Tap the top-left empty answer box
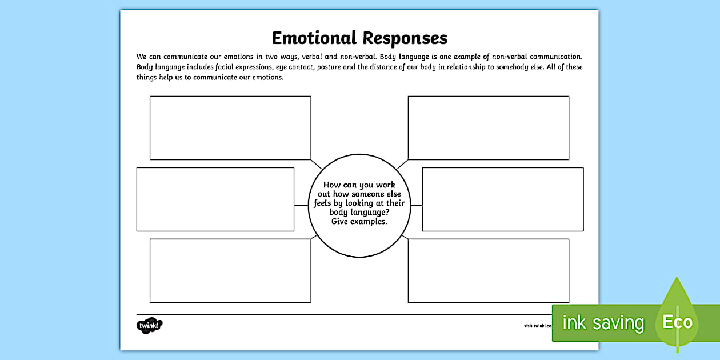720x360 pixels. (x=230, y=127)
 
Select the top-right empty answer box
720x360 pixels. (x=488, y=127)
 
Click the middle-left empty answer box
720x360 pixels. (x=215, y=199)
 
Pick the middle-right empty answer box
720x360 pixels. (x=502, y=199)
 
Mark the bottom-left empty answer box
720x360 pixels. (x=230, y=270)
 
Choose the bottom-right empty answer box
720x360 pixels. (x=488, y=270)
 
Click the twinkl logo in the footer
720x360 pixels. (x=150, y=326)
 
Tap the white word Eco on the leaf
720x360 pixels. (x=677, y=322)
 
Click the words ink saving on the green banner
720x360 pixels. (x=603, y=323)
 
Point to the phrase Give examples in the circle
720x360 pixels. (x=359, y=222)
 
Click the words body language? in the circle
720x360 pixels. (x=359, y=213)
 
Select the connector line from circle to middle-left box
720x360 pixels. (x=301, y=205)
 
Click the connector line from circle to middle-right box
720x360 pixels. (x=416, y=205)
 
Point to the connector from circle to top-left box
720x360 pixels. (x=317, y=165)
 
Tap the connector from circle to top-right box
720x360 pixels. (x=402, y=165)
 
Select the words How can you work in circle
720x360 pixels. (x=359, y=185)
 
